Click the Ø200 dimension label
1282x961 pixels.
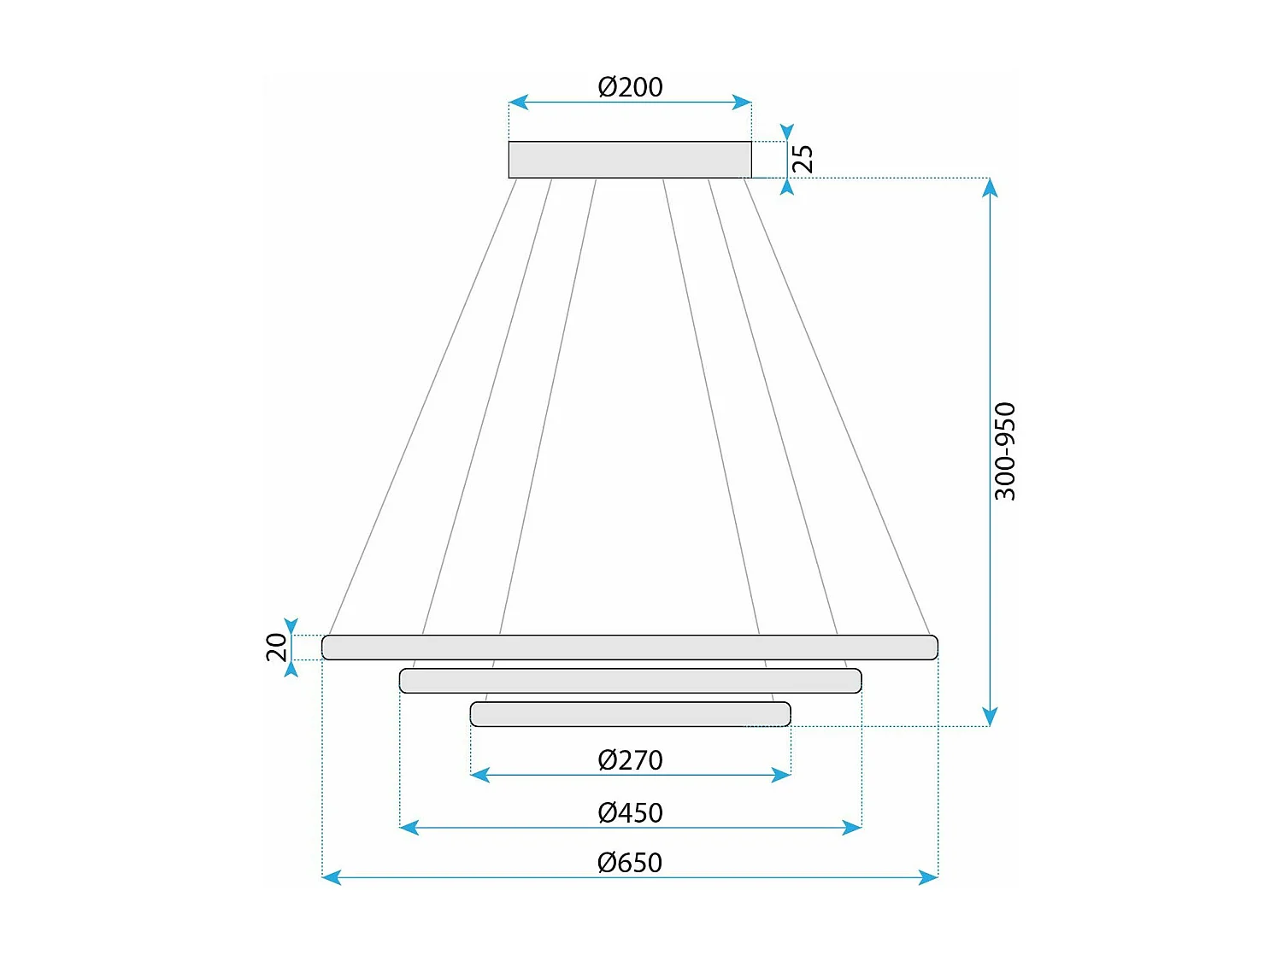pyautogui.click(x=630, y=87)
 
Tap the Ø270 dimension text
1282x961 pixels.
pyautogui.click(x=630, y=760)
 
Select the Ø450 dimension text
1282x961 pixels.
pyautogui.click(x=630, y=812)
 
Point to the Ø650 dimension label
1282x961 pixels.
pyautogui.click(x=630, y=863)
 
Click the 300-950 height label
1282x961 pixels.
pyautogui.click(x=1005, y=451)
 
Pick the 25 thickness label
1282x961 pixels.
pyautogui.click(x=803, y=159)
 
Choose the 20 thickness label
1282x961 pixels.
pyautogui.click(x=277, y=648)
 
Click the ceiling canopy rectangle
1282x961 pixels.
pyautogui.click(x=630, y=160)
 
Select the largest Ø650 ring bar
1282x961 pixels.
pyautogui.click(x=630, y=648)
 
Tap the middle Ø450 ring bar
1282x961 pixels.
pyautogui.click(x=630, y=681)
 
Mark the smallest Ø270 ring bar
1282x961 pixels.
pyautogui.click(x=630, y=714)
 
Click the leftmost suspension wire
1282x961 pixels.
pyautogui.click(x=422, y=407)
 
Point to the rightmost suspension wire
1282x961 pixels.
pyautogui.click(x=837, y=407)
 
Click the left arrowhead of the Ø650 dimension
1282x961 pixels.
pyautogui.click(x=332, y=877)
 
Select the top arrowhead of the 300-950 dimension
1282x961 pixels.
pyautogui.click(x=990, y=188)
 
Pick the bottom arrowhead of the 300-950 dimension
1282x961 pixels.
pyautogui.click(x=990, y=717)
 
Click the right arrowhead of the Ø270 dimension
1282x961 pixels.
pyautogui.click(x=781, y=775)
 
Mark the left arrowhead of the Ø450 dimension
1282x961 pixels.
pyautogui.click(x=409, y=827)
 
